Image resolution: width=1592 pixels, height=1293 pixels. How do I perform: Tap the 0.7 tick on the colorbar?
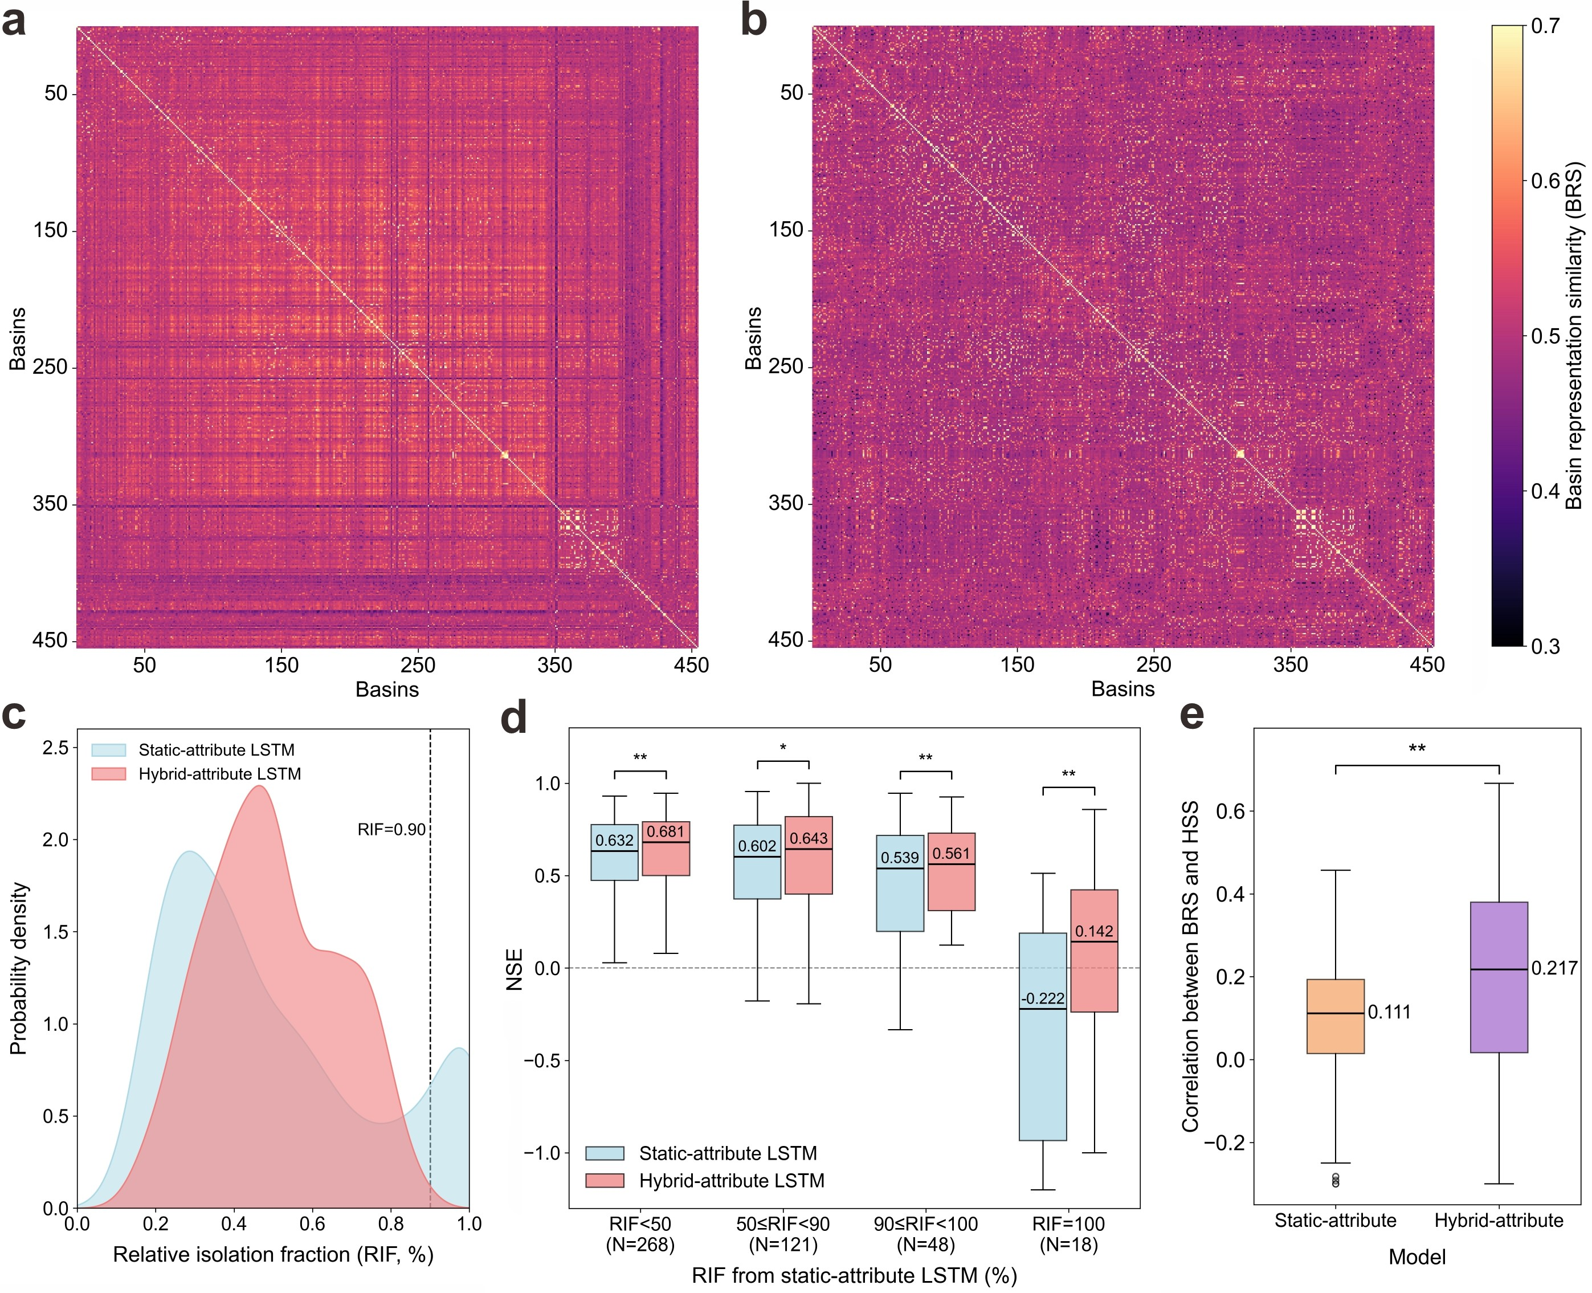click(x=1546, y=27)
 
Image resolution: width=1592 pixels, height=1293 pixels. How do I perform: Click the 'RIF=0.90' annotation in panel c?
click(x=391, y=830)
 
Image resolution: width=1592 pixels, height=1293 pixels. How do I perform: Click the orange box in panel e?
click(x=1335, y=1017)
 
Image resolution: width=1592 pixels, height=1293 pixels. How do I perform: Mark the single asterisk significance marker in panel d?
click(x=782, y=748)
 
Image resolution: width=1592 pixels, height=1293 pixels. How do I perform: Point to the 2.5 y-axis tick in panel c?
click(x=55, y=748)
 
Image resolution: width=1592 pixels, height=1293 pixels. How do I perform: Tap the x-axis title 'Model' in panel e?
click(x=1417, y=1257)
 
